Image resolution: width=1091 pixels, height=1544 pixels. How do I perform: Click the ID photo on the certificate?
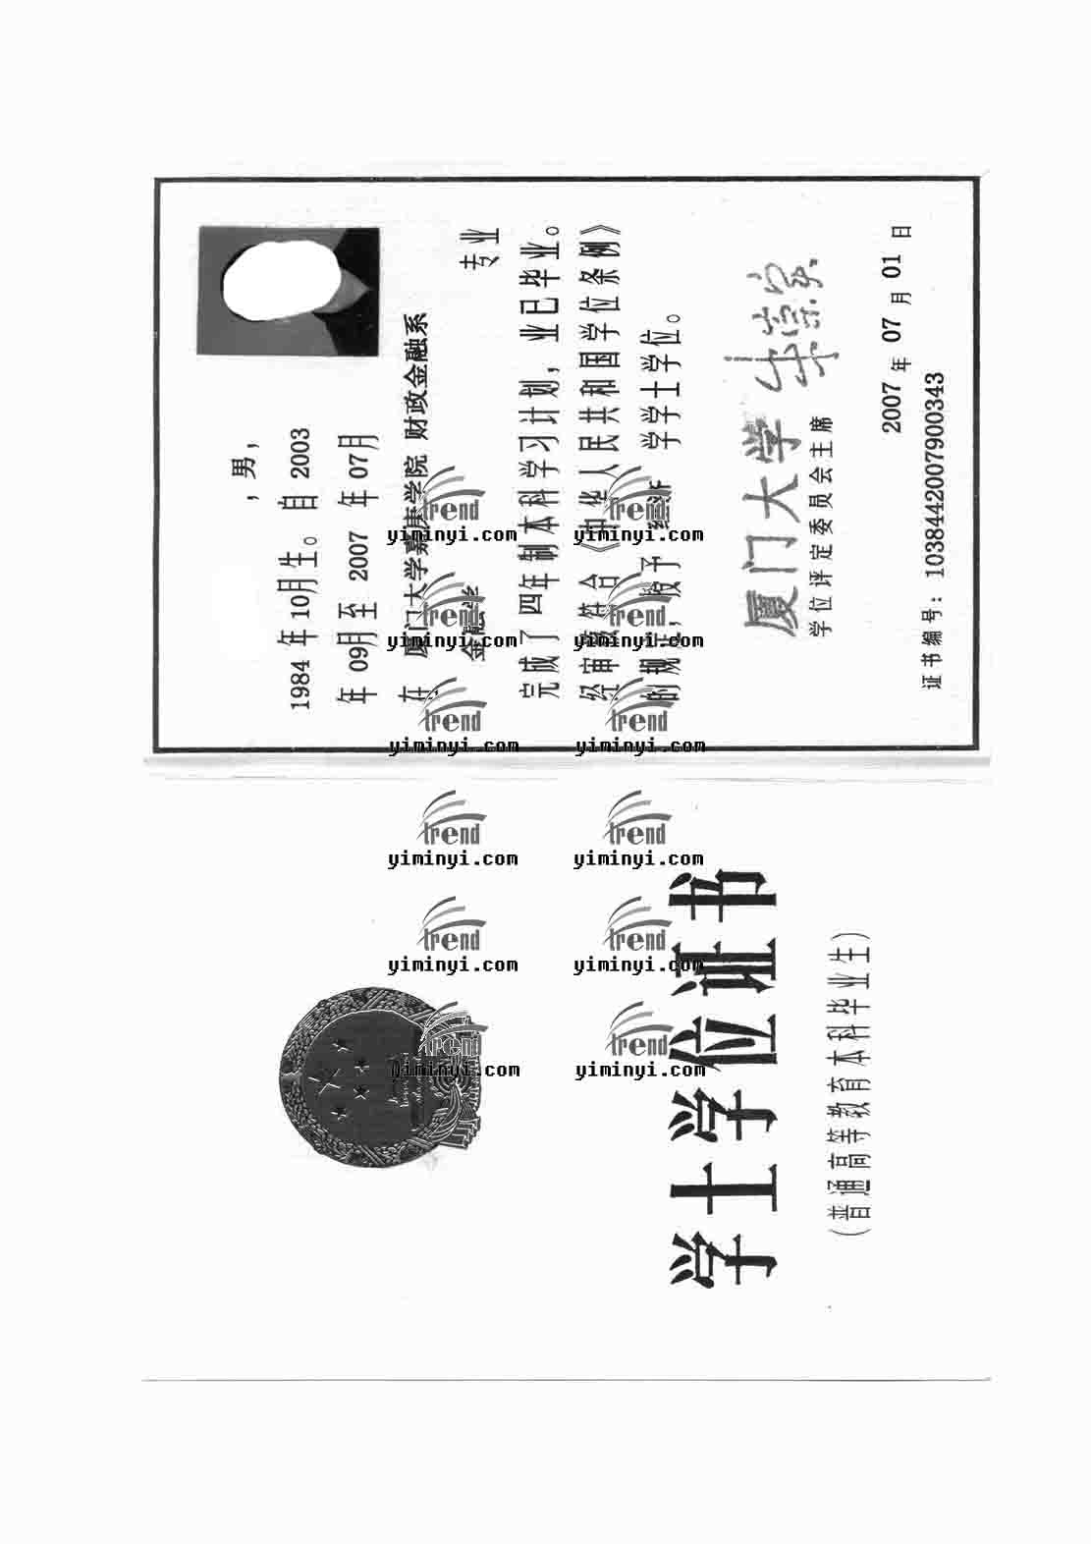tap(289, 291)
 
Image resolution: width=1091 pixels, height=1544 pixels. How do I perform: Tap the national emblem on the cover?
tap(378, 1082)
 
